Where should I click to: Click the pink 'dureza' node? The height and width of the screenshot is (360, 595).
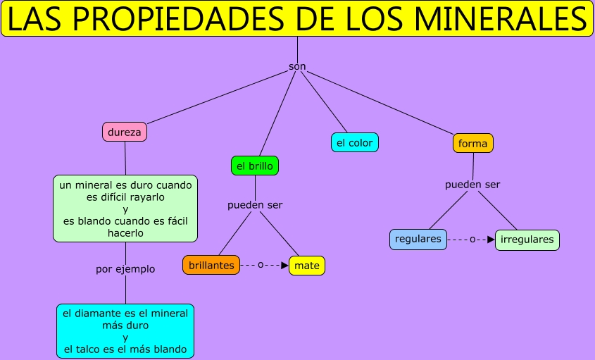125,131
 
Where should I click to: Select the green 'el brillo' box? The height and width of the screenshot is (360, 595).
255,166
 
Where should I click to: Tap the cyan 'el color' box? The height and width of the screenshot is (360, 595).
355,142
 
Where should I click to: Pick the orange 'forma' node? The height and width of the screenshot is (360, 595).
472,143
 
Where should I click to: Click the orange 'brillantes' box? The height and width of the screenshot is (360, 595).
211,265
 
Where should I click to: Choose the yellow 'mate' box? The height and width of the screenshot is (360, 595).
307,266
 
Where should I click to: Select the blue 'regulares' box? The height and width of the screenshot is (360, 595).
418,239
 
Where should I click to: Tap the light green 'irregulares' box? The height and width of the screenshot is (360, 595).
527,240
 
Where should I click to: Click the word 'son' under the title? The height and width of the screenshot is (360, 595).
297,66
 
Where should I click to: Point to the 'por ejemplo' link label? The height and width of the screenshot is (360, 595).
125,268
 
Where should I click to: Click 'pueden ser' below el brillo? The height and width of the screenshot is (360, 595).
255,205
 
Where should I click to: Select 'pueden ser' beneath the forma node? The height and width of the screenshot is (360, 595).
472,185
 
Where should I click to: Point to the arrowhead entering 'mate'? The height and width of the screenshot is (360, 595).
284,266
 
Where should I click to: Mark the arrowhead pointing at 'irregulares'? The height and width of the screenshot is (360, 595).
491,240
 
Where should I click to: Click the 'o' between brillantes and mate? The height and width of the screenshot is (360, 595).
261,265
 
